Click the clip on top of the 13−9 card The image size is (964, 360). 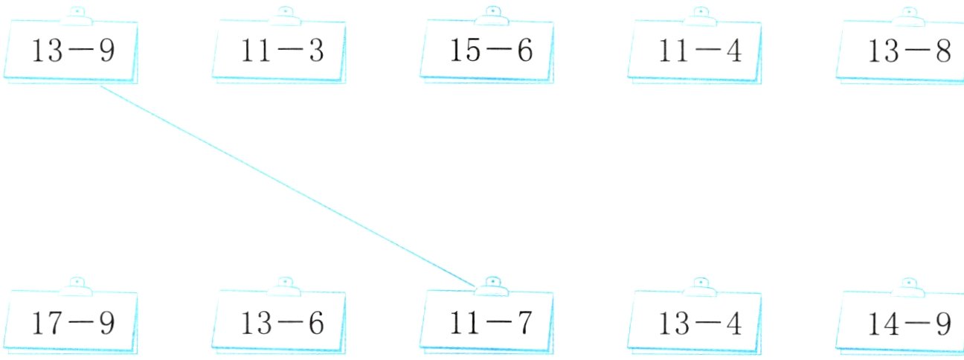click(77, 16)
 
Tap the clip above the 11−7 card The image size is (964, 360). click(492, 287)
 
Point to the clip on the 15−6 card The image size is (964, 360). click(492, 16)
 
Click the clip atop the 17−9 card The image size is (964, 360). click(77, 287)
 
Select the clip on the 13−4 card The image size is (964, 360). click(700, 287)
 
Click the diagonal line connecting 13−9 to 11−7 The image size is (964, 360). click(287, 186)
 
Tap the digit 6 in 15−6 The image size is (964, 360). click(524, 51)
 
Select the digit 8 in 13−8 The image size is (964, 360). click(943, 51)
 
